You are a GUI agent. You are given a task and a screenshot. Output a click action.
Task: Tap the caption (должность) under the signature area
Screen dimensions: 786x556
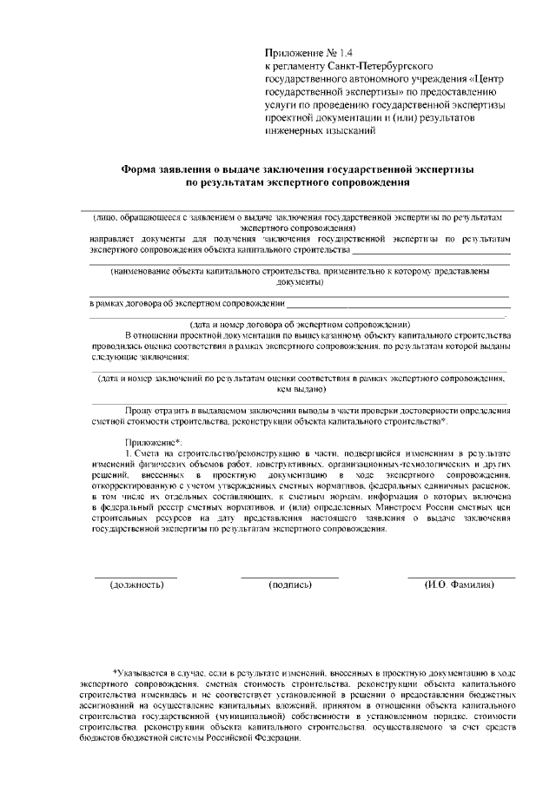coord(136,585)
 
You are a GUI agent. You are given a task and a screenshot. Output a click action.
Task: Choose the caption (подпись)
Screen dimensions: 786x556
coord(290,585)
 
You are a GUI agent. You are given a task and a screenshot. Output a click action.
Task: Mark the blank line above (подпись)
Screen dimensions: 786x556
coord(290,577)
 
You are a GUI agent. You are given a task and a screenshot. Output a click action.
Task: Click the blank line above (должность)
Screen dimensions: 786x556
coord(136,577)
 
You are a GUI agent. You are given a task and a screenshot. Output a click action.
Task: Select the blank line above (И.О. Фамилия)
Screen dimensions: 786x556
coord(461,577)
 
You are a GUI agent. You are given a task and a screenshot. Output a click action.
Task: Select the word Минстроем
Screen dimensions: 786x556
coord(395,505)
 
